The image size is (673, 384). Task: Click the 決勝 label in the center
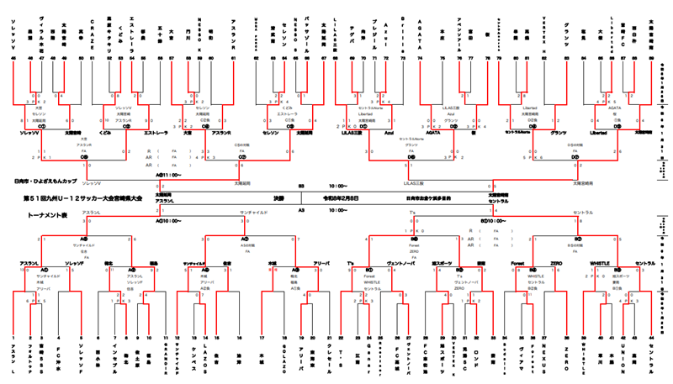[x=278, y=200]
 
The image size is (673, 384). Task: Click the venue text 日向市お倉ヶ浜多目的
[x=428, y=200]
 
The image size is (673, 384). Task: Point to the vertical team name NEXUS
[x=543, y=357]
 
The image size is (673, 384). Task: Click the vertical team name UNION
[x=624, y=357]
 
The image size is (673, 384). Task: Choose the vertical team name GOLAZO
[x=286, y=357]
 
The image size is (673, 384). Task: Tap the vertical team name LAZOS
[x=205, y=357]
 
